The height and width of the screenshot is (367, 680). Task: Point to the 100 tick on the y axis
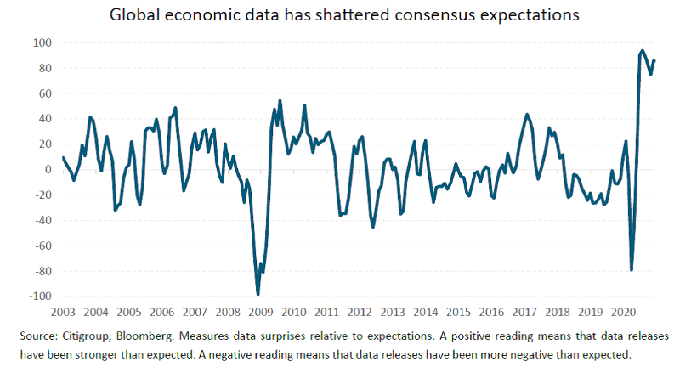pyautogui.click(x=42, y=42)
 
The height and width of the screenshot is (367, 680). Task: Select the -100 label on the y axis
pyautogui.click(x=39, y=296)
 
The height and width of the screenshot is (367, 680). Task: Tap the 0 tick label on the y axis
pyautogui.click(x=48, y=170)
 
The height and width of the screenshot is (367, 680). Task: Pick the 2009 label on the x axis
pyautogui.click(x=261, y=312)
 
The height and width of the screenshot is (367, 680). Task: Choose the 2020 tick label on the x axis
pyautogui.click(x=625, y=312)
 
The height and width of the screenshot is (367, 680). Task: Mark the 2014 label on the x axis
pyautogui.click(x=426, y=312)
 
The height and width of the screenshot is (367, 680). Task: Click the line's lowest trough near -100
pyautogui.click(x=258, y=294)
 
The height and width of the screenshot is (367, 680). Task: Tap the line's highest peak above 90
pyautogui.click(x=642, y=51)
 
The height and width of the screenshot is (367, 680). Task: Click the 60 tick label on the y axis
pyautogui.click(x=44, y=93)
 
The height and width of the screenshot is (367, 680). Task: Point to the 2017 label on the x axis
pyautogui.click(x=525, y=312)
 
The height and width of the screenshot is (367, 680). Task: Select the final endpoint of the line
pyautogui.click(x=654, y=60)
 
